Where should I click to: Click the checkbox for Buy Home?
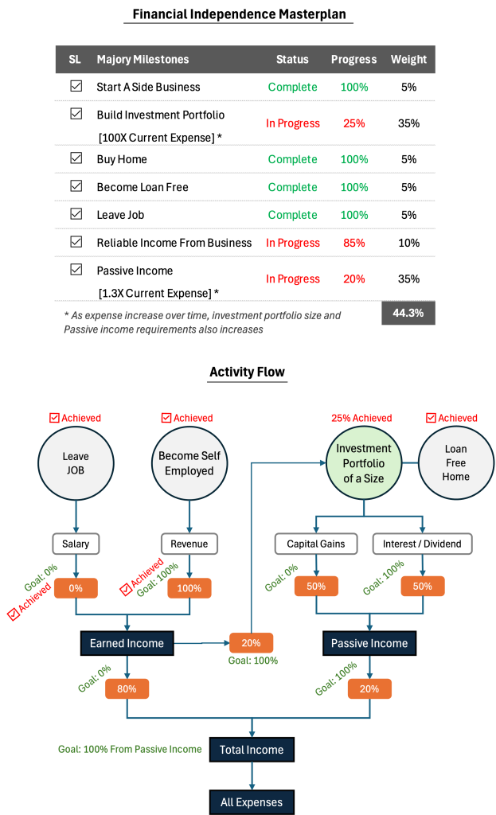click(76, 158)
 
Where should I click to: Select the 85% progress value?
click(354, 243)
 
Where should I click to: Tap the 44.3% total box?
click(408, 313)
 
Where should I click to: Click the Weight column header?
click(408, 59)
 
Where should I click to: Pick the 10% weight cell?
click(408, 243)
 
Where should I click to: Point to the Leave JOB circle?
click(76, 463)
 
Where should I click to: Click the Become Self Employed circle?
click(189, 463)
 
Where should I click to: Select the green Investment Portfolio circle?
click(364, 463)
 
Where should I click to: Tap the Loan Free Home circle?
click(456, 462)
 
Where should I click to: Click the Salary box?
click(76, 544)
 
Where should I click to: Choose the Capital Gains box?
click(316, 544)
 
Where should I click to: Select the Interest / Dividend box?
click(422, 544)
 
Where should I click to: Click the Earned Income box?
click(127, 643)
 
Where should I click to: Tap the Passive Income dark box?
click(369, 643)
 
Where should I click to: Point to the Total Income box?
click(252, 750)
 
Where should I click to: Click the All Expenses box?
click(252, 802)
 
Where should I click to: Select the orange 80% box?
click(127, 688)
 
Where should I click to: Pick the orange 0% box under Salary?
click(76, 588)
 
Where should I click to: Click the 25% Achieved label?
click(362, 418)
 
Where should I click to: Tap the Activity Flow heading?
click(248, 372)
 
